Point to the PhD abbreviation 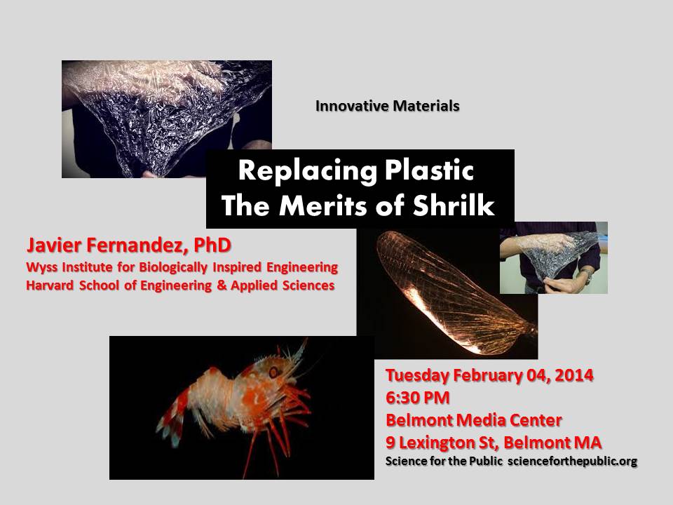[x=212, y=245]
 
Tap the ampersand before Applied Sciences [x=222, y=285]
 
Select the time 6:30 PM [x=418, y=398]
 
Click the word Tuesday [x=417, y=375]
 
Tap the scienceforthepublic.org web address [x=572, y=462]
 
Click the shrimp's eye [x=273, y=372]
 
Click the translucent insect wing [x=455, y=292]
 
